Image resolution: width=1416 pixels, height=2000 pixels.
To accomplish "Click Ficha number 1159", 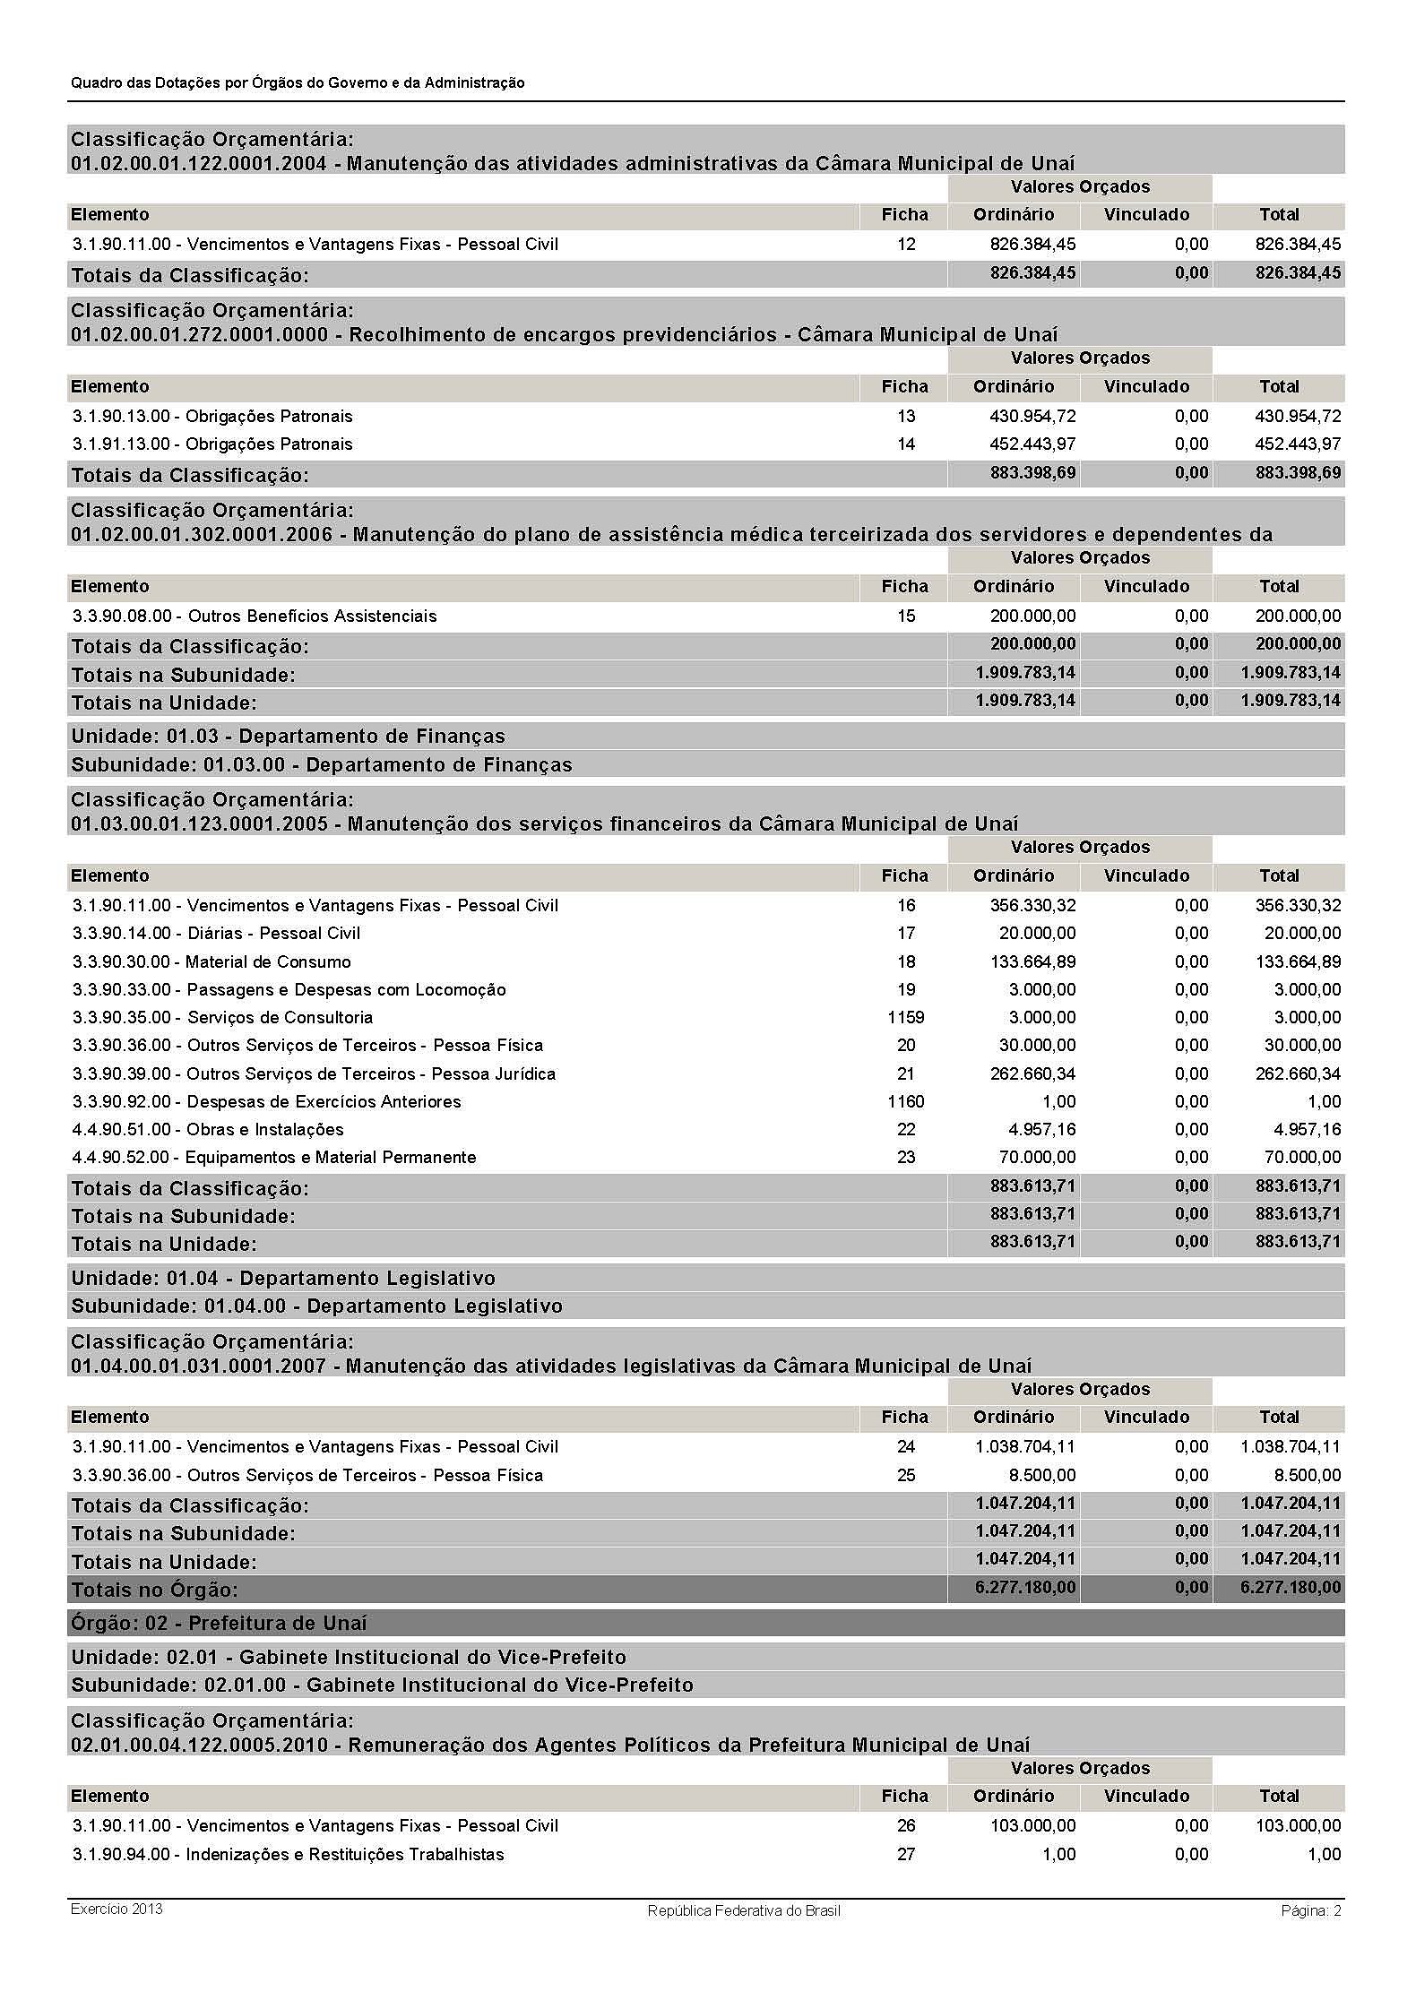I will [905, 1018].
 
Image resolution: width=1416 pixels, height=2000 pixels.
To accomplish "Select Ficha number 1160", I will [905, 1102].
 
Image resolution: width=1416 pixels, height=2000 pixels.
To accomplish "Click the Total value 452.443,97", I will [1298, 444].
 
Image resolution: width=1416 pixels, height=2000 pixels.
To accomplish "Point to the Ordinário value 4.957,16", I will [1040, 1130].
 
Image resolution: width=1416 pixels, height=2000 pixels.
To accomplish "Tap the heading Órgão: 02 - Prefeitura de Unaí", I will [220, 1624].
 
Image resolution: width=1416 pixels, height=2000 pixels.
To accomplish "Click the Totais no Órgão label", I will [155, 1591].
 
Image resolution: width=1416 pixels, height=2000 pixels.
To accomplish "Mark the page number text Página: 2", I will [1310, 1911].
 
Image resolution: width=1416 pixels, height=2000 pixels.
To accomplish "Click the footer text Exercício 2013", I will [117, 1909].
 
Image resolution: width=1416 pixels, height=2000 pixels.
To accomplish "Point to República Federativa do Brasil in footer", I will [744, 1911].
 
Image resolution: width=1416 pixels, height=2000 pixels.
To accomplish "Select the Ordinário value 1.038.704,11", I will [1025, 1447].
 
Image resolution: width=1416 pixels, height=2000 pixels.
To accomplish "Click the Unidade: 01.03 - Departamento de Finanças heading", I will [289, 737].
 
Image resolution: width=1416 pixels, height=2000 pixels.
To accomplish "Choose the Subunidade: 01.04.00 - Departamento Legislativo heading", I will [317, 1306].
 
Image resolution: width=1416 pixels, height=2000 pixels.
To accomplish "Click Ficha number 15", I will [906, 616].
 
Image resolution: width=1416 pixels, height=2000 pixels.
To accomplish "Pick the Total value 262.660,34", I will [1298, 1074].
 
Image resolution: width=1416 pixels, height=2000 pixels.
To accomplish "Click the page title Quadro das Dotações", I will [298, 83].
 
